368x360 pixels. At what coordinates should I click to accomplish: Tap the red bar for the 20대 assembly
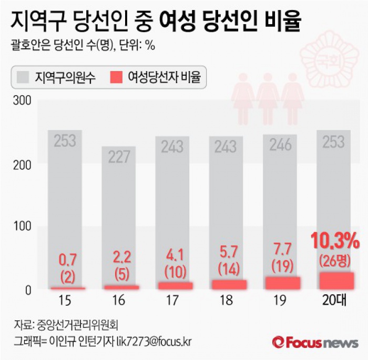coord(336,281)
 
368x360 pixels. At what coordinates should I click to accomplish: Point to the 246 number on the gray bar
coord(280,145)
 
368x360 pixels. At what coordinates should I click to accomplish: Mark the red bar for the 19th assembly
coord(282,283)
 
